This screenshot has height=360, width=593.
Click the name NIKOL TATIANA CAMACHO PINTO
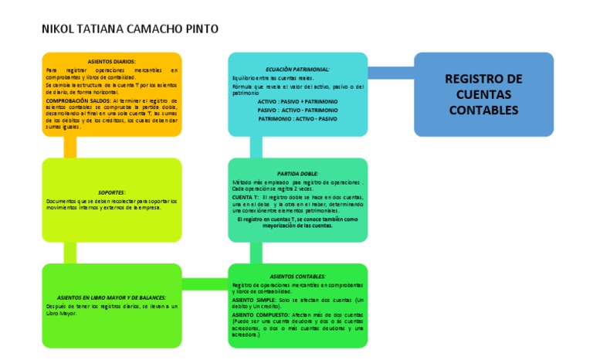129,29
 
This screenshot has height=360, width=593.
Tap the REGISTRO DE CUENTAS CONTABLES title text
483,94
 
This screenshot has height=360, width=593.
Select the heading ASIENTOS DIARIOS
112,61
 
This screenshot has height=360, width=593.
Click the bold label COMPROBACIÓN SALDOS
78,100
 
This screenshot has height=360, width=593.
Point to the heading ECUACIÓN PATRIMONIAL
297,69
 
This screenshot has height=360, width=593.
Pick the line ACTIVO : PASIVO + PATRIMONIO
297,101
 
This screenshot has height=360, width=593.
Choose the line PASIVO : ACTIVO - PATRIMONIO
297,110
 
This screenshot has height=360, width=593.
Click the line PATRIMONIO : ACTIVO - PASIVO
297,120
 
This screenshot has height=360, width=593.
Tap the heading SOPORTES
112,192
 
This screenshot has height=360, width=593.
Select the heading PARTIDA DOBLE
297,174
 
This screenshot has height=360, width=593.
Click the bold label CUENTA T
245,198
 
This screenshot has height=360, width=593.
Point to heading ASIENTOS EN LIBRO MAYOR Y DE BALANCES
112,297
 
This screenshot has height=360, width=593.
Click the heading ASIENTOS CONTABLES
297,276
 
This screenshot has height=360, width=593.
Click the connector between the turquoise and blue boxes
391,73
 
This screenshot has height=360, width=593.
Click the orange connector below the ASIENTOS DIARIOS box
70,147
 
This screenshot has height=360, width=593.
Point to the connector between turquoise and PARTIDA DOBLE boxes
255,147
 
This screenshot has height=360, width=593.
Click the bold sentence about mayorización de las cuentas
297,222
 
